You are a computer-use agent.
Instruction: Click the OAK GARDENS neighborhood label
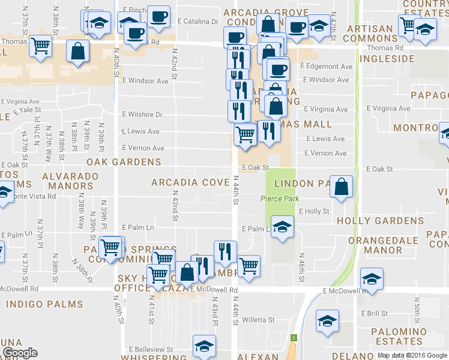pyautogui.click(x=124, y=162)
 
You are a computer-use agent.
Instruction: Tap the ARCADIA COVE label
pyautogui.click(x=190, y=182)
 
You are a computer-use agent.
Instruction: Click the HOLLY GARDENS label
pyautogui.click(x=380, y=221)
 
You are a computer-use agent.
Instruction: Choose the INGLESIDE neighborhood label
pyautogui.click(x=387, y=59)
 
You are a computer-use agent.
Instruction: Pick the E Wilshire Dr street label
pyautogui.click(x=142, y=114)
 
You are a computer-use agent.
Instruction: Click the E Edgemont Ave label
pyautogui.click(x=325, y=65)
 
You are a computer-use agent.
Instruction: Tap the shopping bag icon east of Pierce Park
pyautogui.click(x=341, y=187)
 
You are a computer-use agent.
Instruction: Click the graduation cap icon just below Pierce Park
pyautogui.click(x=282, y=227)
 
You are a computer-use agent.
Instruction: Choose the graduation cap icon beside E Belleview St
pyautogui.click(x=204, y=346)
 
